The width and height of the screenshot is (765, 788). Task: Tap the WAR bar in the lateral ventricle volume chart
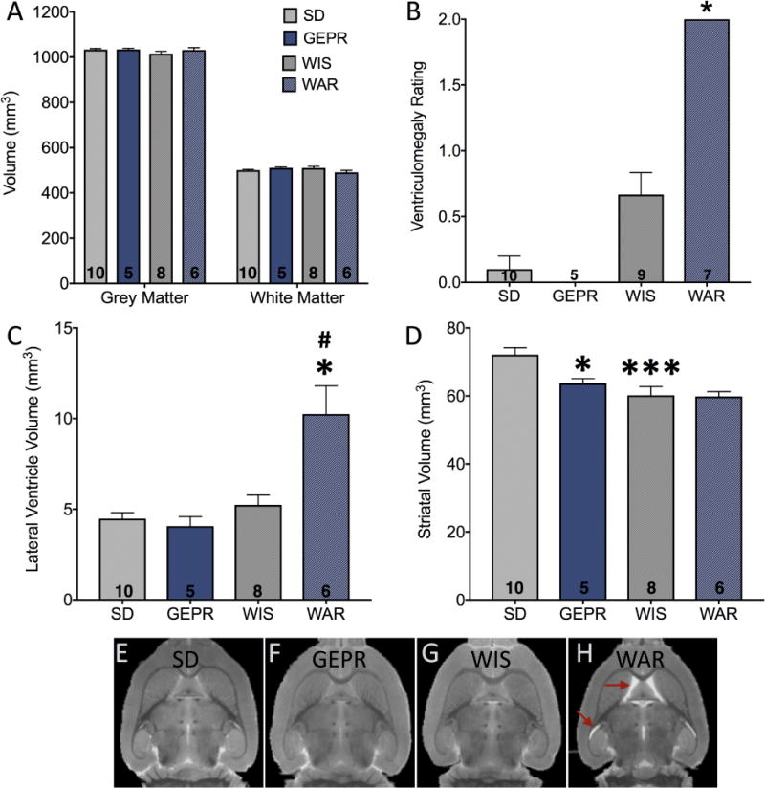(x=325, y=507)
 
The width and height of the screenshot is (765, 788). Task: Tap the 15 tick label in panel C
(x=65, y=328)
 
